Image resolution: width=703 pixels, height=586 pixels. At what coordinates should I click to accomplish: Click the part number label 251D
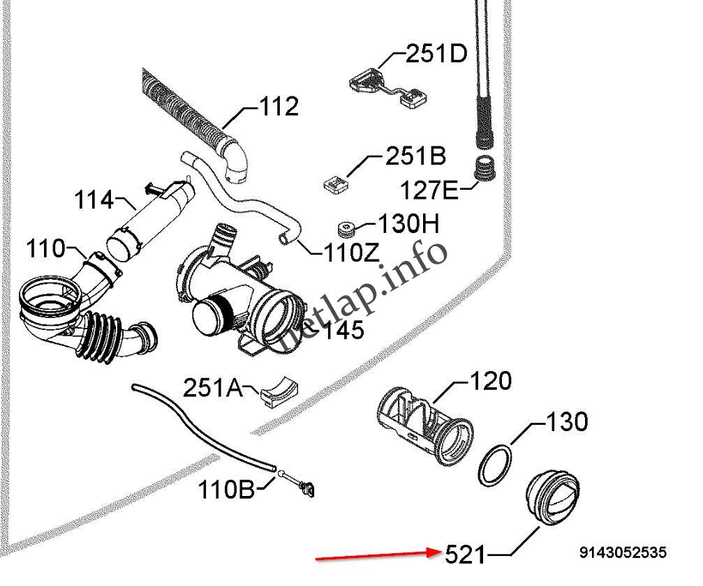coord(436,54)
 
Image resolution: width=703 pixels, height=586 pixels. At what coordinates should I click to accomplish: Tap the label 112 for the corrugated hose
coord(279,107)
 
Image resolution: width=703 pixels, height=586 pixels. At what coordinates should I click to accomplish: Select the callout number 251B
coord(415,156)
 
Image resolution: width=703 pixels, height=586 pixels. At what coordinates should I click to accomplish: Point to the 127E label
coord(429,189)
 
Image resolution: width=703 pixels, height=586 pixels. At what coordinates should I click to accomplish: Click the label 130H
coord(408,224)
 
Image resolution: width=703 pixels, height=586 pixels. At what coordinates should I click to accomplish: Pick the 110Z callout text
coord(351,253)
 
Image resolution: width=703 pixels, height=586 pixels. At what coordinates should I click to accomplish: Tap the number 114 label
coord(94,201)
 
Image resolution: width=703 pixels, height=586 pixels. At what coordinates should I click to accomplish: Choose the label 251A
coord(212,387)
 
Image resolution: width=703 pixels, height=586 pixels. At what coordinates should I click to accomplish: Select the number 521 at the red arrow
coord(465,555)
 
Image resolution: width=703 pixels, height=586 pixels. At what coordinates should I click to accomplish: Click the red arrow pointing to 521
coord(377,555)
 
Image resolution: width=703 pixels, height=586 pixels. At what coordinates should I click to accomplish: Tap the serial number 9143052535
coord(623,553)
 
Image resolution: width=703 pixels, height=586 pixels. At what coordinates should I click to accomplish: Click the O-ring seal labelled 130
coord(496,465)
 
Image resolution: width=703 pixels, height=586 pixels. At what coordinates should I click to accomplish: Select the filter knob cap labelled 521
coord(552,498)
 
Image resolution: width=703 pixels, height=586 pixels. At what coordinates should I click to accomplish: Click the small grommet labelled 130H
coord(346,228)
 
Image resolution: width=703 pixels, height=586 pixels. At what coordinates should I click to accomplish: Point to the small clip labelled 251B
coord(336,184)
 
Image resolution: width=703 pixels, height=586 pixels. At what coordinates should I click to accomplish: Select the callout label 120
coord(490,382)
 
